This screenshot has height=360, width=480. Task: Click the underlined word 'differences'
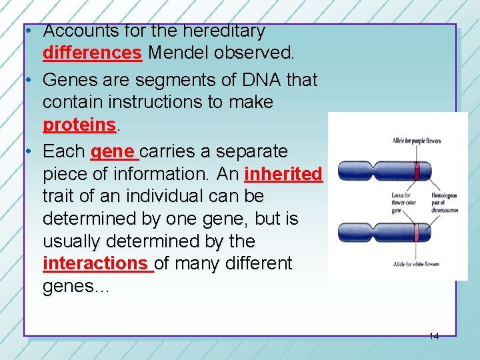tap(92, 52)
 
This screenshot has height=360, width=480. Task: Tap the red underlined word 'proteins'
tap(79, 125)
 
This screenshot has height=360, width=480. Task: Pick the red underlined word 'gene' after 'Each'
tap(113, 151)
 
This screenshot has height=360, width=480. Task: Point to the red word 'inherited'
tap(283, 174)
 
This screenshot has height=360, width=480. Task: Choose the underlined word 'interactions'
tap(97, 263)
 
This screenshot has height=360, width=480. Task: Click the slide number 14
tap(433, 337)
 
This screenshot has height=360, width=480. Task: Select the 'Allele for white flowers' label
tap(415, 264)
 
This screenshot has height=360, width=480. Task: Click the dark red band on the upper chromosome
tap(417, 171)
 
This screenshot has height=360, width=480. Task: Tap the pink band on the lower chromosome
tap(416, 233)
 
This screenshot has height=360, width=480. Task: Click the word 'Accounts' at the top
tap(73, 31)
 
